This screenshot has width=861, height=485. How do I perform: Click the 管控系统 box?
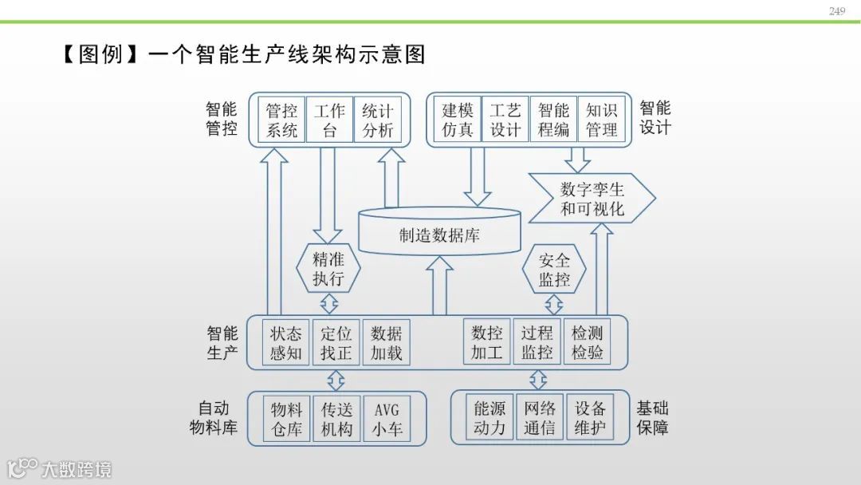point(282,120)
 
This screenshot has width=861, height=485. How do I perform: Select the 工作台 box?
point(329,120)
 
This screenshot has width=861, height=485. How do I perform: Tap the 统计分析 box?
point(378,120)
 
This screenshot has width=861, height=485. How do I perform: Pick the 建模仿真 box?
point(458,120)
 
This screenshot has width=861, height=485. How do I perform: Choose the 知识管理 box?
point(602,120)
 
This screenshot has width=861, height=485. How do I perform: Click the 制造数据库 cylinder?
point(439,234)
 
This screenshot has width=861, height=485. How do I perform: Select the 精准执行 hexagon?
point(328,269)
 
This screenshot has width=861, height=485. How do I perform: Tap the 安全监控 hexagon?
point(554,270)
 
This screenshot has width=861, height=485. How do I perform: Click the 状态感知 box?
point(286,343)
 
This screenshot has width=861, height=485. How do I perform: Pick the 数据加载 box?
point(387,343)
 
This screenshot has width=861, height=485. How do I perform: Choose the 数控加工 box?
point(487,343)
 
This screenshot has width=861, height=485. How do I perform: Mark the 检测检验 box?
point(588,343)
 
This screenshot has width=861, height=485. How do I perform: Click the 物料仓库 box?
point(286,419)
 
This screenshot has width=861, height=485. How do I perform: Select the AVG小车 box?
point(387,419)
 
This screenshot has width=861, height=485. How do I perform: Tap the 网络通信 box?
point(540,418)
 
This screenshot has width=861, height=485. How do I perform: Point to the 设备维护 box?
point(590,418)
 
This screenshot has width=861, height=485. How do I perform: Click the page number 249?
point(836,11)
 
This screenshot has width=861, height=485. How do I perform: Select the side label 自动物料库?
point(214,418)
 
